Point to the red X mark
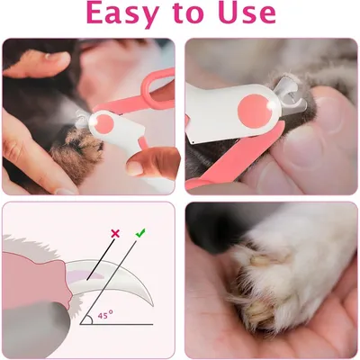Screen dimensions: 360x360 click(x=113, y=234)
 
